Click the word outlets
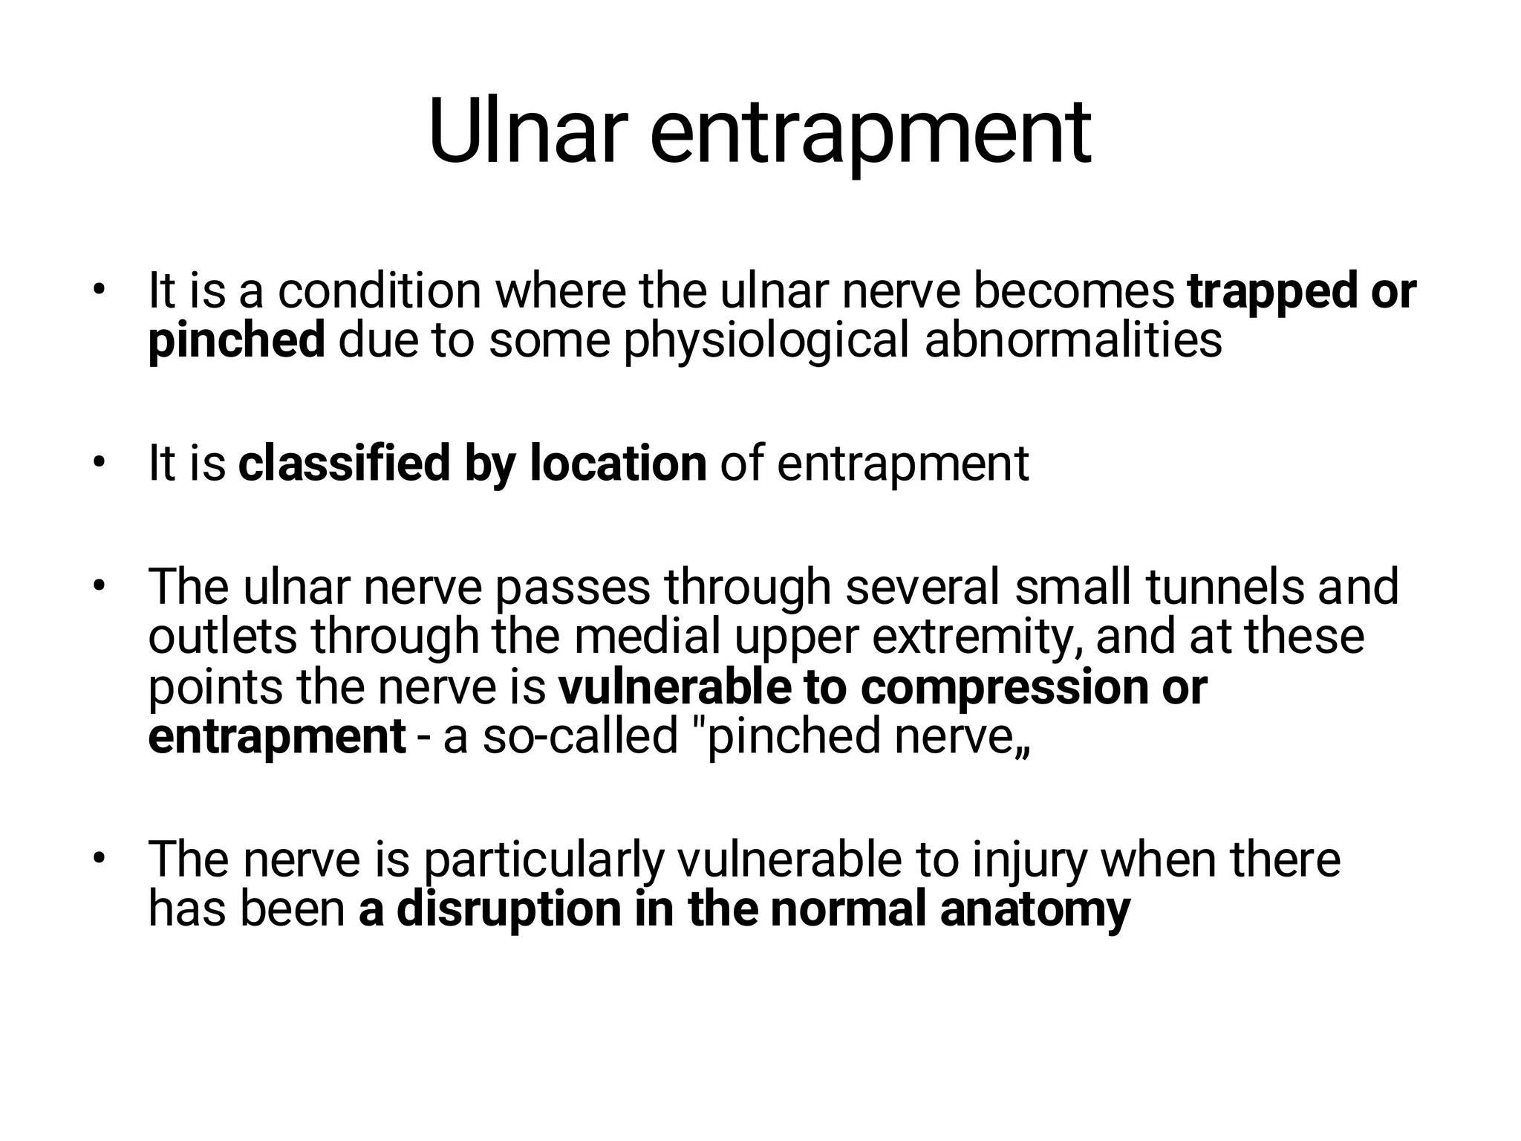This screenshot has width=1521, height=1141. pyautogui.click(x=223, y=636)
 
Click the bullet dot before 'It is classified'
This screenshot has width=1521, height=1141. pyautogui.click(x=97, y=463)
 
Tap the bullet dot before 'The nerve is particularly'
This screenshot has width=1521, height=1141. pyautogui.click(x=97, y=859)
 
